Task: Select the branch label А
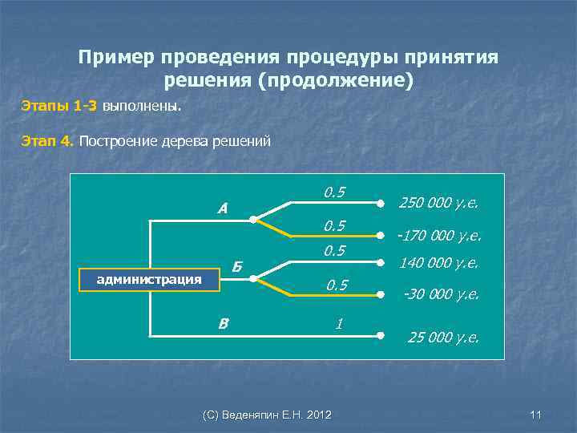tap(223, 208)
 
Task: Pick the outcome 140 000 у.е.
tap(439, 262)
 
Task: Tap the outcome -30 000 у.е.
tap(441, 293)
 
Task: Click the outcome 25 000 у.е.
tap(443, 337)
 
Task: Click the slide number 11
tap(536, 415)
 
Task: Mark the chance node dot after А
tap(252, 218)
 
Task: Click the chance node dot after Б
tap(252, 279)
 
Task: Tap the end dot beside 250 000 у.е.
tap(381, 203)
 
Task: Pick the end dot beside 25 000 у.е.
tap(381, 335)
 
